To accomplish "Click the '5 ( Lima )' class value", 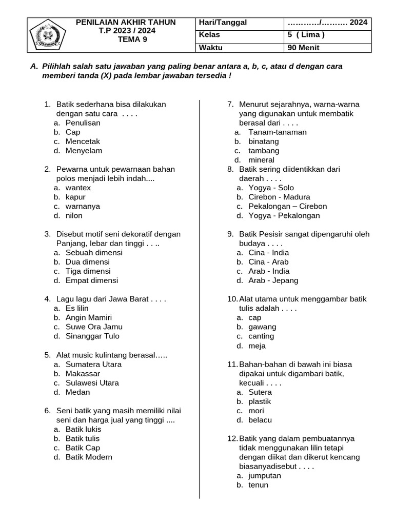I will pyautogui.click(x=306, y=35).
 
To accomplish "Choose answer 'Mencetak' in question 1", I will pyautogui.click(x=83, y=141).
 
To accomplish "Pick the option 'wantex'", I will pyautogui.click(x=78, y=188).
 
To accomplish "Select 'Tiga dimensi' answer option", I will pyautogui.click(x=88, y=271).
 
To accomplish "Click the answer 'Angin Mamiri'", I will pyautogui.click(x=88, y=317).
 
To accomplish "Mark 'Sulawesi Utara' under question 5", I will pyautogui.click(x=92, y=382).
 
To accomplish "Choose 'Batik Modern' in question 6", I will pyautogui.click(x=88, y=457).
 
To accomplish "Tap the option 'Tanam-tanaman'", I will pyautogui.click(x=277, y=132).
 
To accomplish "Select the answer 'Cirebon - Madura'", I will pyautogui.click(x=279, y=197).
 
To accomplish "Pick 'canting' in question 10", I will pyautogui.click(x=261, y=336).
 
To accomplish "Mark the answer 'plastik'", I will pyautogui.click(x=260, y=401).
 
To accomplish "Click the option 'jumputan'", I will pyautogui.click(x=264, y=475).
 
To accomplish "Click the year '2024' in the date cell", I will pyautogui.click(x=359, y=23).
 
